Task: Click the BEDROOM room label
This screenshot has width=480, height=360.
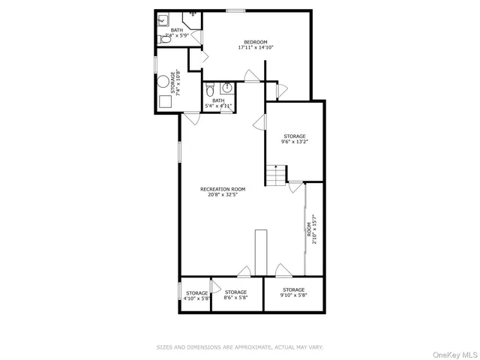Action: pyautogui.click(x=256, y=41)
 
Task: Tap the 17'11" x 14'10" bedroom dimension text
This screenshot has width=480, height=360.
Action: pyautogui.click(x=256, y=47)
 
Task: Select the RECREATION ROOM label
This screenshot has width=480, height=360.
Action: pyautogui.click(x=223, y=189)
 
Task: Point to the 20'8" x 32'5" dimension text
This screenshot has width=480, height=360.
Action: pyautogui.click(x=223, y=195)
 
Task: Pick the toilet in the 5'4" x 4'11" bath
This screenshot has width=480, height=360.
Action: pyautogui.click(x=210, y=91)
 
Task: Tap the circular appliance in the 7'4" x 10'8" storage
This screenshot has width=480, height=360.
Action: pyautogui.click(x=166, y=83)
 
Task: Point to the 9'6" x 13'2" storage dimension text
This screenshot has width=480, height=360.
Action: pyautogui.click(x=294, y=142)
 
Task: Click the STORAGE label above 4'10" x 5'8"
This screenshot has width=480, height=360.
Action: pyautogui.click(x=196, y=292)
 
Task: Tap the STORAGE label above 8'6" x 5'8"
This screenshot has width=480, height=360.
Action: pyautogui.click(x=235, y=292)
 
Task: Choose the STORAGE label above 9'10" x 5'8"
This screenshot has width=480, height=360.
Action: pyautogui.click(x=294, y=289)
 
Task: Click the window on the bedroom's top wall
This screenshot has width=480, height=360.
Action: pyautogui.click(x=236, y=10)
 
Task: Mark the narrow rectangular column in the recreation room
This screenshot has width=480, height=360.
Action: pyautogui.click(x=260, y=252)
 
